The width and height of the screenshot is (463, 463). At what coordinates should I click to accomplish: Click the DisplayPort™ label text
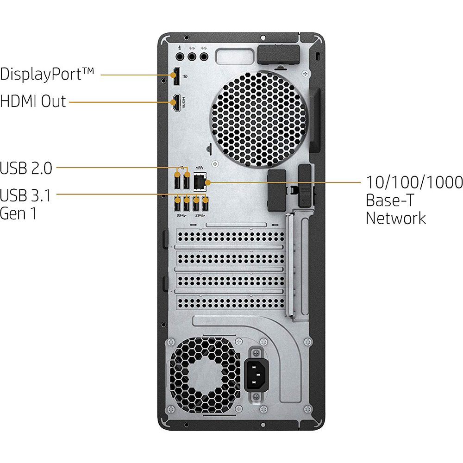click(47, 74)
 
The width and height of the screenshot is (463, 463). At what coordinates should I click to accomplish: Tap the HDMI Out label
click(33, 101)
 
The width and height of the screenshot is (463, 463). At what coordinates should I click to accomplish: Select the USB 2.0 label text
click(26, 168)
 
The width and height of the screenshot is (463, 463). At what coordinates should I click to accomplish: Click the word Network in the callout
click(396, 218)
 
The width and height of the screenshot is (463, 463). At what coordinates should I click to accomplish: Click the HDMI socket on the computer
click(176, 103)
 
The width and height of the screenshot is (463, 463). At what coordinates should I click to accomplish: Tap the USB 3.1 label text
click(25, 195)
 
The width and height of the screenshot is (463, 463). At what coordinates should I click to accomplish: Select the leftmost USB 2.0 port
click(178, 181)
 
